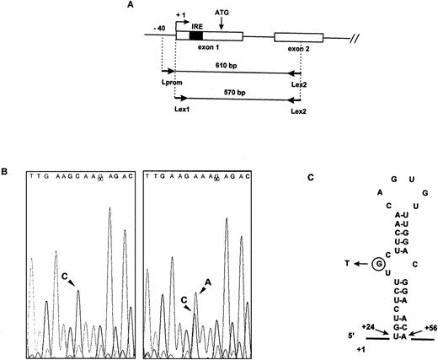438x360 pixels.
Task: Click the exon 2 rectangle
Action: pos(298,37)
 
